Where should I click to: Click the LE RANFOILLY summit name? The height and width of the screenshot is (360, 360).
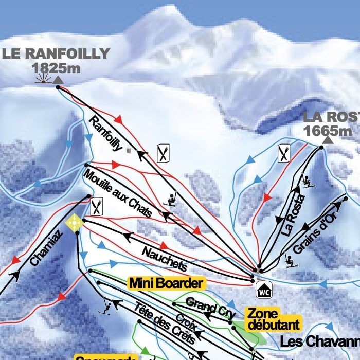point(56,53)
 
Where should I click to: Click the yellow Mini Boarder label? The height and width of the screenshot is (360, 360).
point(166,283)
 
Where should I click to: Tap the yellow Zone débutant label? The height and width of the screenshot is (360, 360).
point(273,319)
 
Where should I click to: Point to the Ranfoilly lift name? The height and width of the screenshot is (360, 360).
point(106,134)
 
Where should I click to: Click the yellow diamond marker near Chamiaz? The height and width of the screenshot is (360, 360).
point(74,223)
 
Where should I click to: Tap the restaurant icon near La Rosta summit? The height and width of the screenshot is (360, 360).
point(284,153)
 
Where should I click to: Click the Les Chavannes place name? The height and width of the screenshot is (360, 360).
point(319,341)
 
